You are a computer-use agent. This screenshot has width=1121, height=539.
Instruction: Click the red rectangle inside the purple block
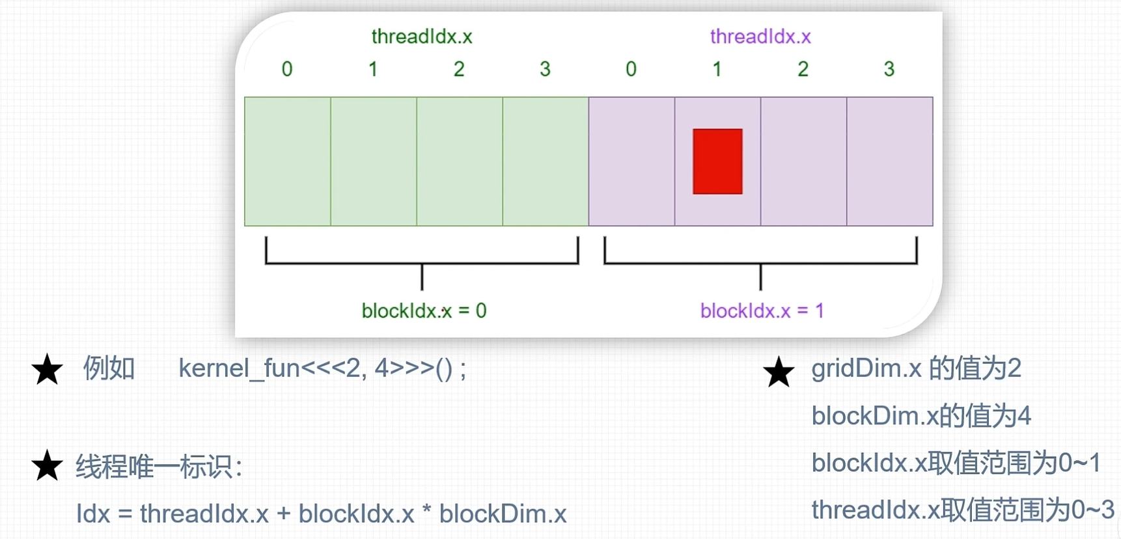(717, 161)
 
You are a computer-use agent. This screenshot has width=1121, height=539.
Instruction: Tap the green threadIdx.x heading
(422, 36)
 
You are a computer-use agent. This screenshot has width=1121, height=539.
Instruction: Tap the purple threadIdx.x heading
(760, 36)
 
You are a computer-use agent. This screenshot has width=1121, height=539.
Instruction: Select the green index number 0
(287, 69)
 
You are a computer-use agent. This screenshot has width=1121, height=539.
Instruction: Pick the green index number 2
(459, 69)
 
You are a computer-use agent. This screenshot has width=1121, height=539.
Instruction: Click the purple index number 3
(889, 69)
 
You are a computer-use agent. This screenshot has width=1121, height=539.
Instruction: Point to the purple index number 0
(631, 69)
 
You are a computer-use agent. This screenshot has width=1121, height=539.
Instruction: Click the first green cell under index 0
(288, 161)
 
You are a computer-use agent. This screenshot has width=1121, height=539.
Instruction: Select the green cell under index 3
(546, 161)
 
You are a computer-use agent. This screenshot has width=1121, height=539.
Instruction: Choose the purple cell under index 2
(803, 161)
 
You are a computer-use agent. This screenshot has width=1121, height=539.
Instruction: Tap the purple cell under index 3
(889, 161)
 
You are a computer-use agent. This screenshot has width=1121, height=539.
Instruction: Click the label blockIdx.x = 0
(424, 311)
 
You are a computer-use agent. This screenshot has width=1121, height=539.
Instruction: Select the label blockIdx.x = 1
(762, 311)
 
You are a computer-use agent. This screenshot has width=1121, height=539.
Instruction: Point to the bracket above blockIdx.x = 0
(422, 263)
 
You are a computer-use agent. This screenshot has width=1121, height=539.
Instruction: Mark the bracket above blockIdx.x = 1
(760, 263)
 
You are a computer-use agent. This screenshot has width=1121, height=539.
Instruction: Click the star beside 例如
(48, 370)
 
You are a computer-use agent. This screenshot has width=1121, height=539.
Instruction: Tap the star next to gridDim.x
(779, 372)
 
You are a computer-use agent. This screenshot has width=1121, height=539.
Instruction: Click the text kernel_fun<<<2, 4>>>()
(323, 368)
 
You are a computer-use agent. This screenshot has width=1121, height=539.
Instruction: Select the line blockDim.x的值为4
(921, 415)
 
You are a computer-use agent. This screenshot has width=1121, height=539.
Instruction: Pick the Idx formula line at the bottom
(322, 514)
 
